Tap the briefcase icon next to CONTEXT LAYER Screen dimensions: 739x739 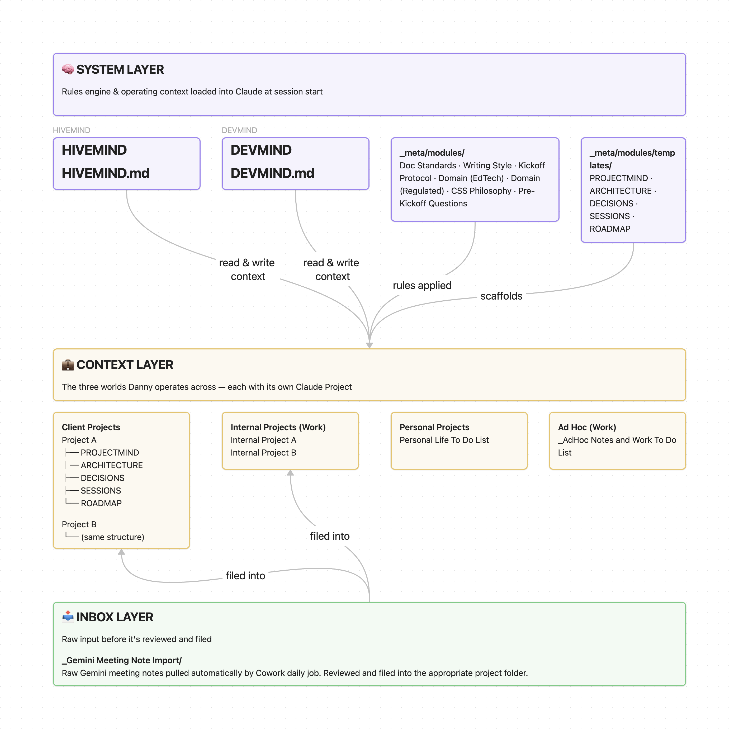[x=68, y=365]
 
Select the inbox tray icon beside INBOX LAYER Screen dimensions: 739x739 [x=68, y=617]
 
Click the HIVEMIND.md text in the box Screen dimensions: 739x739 [x=106, y=173]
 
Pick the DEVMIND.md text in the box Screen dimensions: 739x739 [x=272, y=173]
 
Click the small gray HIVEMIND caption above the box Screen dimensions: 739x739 [x=72, y=130]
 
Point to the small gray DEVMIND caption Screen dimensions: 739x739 [x=239, y=130]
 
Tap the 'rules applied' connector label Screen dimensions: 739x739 [x=422, y=285]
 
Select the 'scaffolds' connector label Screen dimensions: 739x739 [x=501, y=296]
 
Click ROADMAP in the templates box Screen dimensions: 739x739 [x=610, y=229]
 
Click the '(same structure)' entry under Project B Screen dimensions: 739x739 [x=112, y=537]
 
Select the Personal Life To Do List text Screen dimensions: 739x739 [x=444, y=440]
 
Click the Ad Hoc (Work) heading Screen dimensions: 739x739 [x=587, y=427]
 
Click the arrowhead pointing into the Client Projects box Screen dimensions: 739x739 [x=121, y=552]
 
